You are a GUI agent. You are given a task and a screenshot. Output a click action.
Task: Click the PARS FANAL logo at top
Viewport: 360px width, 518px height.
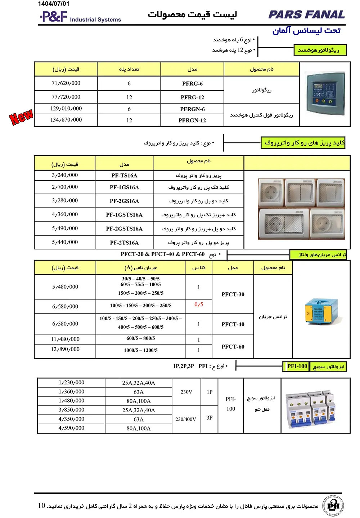pos(306,15)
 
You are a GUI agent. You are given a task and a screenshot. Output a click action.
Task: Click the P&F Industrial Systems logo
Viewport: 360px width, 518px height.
pos(80,17)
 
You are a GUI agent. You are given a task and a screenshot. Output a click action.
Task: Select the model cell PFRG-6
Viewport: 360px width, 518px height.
pos(192,84)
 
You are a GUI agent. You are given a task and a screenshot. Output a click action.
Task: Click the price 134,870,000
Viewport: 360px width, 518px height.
pos(66,120)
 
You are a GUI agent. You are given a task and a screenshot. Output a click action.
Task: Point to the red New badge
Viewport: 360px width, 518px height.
pos(21,117)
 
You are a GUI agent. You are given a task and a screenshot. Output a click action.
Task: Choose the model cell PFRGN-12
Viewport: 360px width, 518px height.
pos(192,120)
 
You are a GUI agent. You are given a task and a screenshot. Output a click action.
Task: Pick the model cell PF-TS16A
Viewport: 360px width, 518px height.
pos(124,176)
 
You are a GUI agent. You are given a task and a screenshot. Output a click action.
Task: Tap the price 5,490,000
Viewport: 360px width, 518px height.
pos(65,228)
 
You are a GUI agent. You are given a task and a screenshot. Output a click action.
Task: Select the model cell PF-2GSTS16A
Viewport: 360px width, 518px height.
pos(124,229)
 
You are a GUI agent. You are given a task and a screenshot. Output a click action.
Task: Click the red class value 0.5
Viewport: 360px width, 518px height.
pos(199,305)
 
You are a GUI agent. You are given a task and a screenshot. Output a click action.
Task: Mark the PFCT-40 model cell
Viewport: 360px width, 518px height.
pos(233,324)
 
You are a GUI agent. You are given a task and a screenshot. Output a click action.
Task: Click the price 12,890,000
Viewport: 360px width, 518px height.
pos(65,349)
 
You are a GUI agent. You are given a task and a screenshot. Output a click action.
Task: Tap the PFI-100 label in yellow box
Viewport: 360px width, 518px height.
pos(297,366)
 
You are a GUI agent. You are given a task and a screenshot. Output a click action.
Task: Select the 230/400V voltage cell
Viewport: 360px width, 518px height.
pos(186,419)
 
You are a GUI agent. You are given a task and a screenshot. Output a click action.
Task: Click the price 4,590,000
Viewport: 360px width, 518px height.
pos(71,428)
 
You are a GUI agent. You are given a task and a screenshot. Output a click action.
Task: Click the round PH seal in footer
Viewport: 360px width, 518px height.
pos(333,505)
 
